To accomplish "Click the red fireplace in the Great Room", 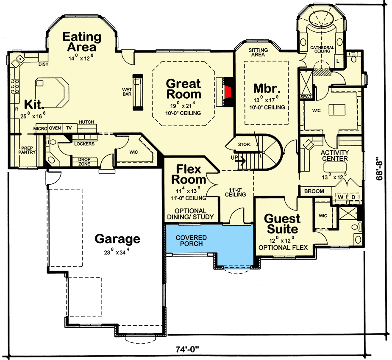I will [x=228, y=91].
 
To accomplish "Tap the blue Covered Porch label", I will [x=191, y=241].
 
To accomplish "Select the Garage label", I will [x=117, y=239].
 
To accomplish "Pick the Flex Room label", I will [x=189, y=174].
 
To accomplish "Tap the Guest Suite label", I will [x=282, y=224].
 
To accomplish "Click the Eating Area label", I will [x=82, y=42].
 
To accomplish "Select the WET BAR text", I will [x=126, y=91].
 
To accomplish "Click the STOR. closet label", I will [x=244, y=144].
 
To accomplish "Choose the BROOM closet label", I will [x=314, y=191].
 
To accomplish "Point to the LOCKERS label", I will [x=83, y=144].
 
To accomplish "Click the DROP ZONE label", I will [x=84, y=161].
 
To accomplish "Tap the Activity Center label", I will [x=334, y=155].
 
